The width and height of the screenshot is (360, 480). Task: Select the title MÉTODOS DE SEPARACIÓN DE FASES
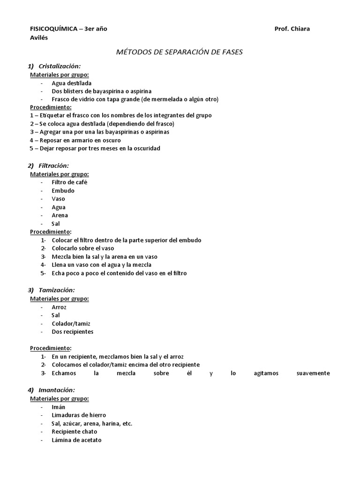pyautogui.click(x=179, y=52)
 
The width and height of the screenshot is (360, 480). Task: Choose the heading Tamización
pyautogui.click(x=56, y=290)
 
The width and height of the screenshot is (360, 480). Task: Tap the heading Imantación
pyautogui.click(x=56, y=390)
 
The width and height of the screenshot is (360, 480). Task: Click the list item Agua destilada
pyautogui.click(x=72, y=83)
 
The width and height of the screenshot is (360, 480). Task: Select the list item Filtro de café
pyautogui.click(x=69, y=182)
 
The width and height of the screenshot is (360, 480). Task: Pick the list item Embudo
pyautogui.click(x=63, y=190)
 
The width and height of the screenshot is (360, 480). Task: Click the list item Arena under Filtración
pyautogui.click(x=60, y=215)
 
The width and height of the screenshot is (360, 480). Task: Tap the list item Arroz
pyautogui.click(x=60, y=307)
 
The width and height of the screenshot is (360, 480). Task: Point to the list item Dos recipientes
pyautogui.click(x=73, y=332)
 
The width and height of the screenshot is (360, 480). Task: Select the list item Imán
pyautogui.click(x=59, y=407)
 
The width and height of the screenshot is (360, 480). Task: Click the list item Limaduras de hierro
pyautogui.click(x=79, y=415)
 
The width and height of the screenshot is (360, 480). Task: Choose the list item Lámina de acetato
pyautogui.click(x=76, y=440)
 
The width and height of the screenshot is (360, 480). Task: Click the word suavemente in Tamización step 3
pyautogui.click(x=314, y=373)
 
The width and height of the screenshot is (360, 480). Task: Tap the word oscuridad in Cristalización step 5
pyautogui.click(x=145, y=149)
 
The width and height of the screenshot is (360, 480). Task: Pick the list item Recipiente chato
pyautogui.click(x=75, y=432)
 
